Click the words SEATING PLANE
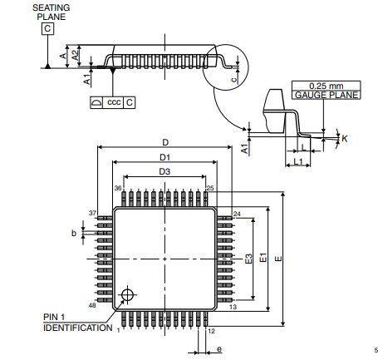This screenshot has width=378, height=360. click(x=50, y=12)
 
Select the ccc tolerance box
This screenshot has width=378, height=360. click(x=114, y=101)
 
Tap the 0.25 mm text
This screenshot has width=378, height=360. click(x=325, y=86)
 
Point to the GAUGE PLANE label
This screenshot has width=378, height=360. click(x=325, y=96)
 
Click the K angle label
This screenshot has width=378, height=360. click(x=344, y=137)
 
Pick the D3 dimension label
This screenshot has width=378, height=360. click(x=164, y=171)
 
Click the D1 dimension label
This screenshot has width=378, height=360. click(x=164, y=157)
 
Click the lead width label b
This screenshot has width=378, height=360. click(x=74, y=234)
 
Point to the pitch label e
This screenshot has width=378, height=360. click(x=218, y=350)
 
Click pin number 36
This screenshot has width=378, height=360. click(x=118, y=189)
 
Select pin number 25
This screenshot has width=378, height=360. click(x=210, y=189)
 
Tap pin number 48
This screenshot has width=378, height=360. click(x=92, y=306)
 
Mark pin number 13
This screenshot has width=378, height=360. click(x=233, y=307)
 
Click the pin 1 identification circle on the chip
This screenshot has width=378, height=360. click(x=127, y=294)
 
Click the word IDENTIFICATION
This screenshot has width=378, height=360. click(x=77, y=328)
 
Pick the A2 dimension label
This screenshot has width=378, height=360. click(x=74, y=54)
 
